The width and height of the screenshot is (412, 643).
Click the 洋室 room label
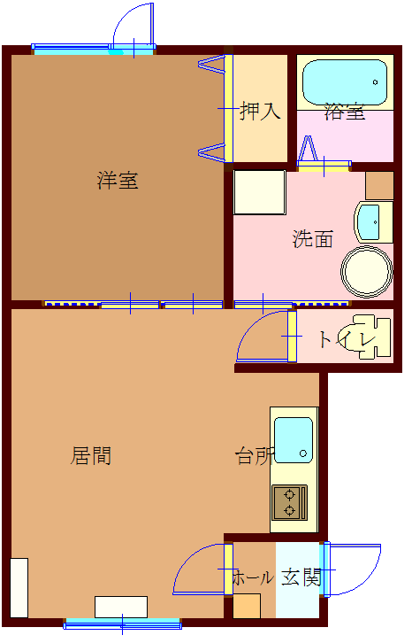pos(118,181)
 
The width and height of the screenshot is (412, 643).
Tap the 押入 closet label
pos(261,112)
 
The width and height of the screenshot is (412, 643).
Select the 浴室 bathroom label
pos(345,112)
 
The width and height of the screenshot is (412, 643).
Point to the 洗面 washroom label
pos(313,238)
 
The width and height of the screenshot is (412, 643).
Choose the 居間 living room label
pos(91,456)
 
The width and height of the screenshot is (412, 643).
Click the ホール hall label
pos(253,577)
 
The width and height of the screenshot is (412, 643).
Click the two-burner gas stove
pos(289,502)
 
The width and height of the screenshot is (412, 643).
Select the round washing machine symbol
pos(367,271)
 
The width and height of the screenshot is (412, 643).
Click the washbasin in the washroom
pos(371,221)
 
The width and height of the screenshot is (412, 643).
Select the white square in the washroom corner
pos(259,192)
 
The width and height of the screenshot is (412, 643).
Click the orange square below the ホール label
pos(247,606)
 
